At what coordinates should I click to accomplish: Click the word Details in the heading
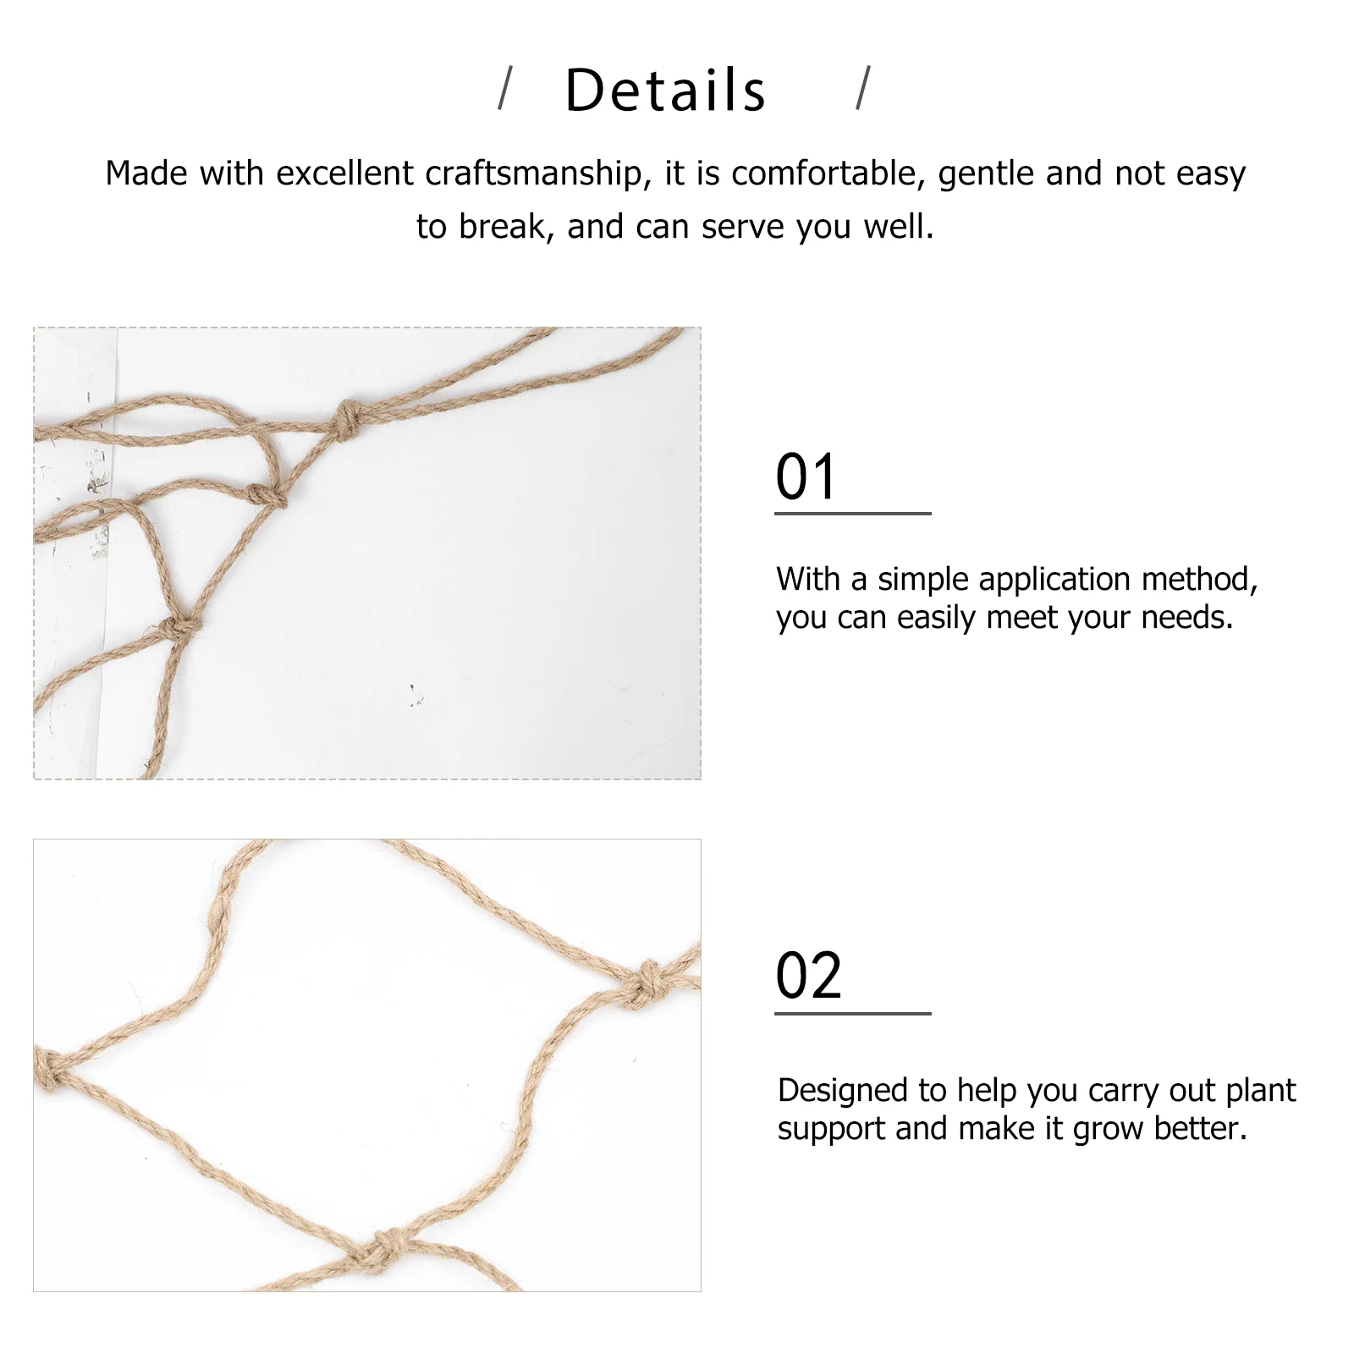(x=665, y=91)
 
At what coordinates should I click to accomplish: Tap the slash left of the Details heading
(x=505, y=89)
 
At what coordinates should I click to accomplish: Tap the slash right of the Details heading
(x=863, y=89)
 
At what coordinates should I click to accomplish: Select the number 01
(x=806, y=476)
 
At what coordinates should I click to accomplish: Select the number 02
(x=808, y=976)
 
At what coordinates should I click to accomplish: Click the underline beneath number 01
(x=852, y=513)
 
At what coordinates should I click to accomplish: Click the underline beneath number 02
(x=852, y=1013)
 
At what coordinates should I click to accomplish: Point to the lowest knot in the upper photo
(x=179, y=629)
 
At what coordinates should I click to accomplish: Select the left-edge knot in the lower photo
(x=48, y=1070)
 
